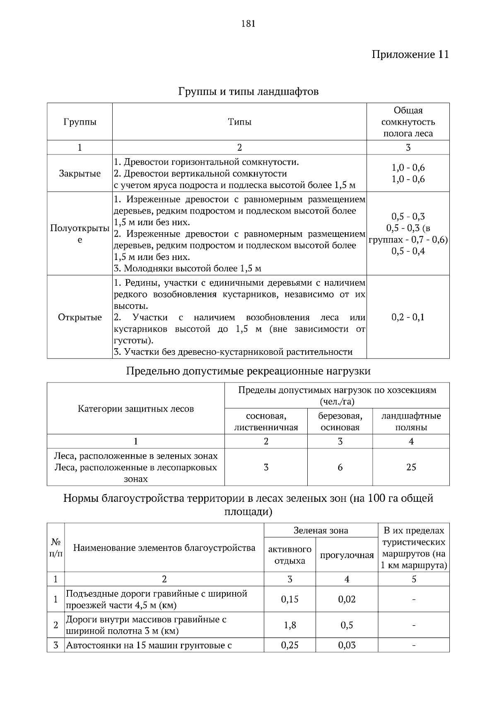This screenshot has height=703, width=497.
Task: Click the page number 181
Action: (x=248, y=24)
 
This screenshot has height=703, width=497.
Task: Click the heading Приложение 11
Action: (x=410, y=55)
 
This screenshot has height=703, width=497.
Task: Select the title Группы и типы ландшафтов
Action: (x=248, y=91)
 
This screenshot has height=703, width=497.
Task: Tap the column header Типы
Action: (x=239, y=122)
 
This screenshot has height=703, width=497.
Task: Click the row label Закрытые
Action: (x=80, y=173)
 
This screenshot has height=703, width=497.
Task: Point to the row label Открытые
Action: (x=80, y=318)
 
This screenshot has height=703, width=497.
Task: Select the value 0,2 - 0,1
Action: (x=408, y=318)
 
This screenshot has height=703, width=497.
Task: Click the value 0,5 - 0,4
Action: (x=408, y=251)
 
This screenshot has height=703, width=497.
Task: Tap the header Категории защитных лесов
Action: (x=135, y=409)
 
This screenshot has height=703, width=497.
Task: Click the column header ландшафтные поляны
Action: (x=411, y=421)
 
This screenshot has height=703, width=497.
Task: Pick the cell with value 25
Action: (x=411, y=467)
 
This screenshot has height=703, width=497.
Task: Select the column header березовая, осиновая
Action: (x=340, y=421)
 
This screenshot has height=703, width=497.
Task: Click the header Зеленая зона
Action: (x=321, y=531)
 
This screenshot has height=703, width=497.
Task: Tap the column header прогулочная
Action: (x=347, y=556)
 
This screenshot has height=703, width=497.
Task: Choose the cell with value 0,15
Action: (x=290, y=599)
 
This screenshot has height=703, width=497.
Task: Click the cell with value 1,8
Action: (x=290, y=625)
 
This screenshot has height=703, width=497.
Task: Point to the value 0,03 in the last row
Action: (x=347, y=645)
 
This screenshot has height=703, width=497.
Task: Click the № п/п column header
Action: (x=55, y=548)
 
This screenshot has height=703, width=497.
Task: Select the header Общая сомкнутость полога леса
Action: (x=408, y=122)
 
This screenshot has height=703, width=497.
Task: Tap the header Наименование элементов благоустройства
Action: (x=164, y=548)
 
